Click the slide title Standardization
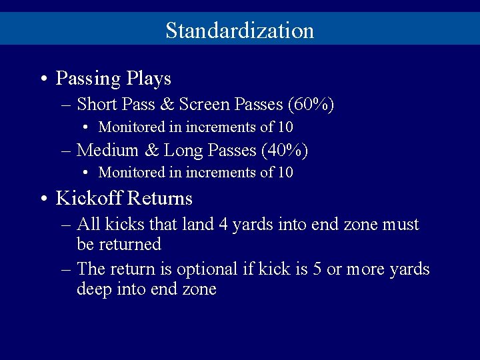click(x=239, y=30)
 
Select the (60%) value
click(x=311, y=105)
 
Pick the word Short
click(x=97, y=105)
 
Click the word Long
click(x=183, y=151)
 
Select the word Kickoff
click(x=89, y=199)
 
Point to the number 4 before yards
click(x=223, y=225)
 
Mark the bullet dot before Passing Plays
click(x=42, y=79)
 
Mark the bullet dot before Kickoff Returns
click(x=42, y=199)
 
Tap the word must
click(x=401, y=225)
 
